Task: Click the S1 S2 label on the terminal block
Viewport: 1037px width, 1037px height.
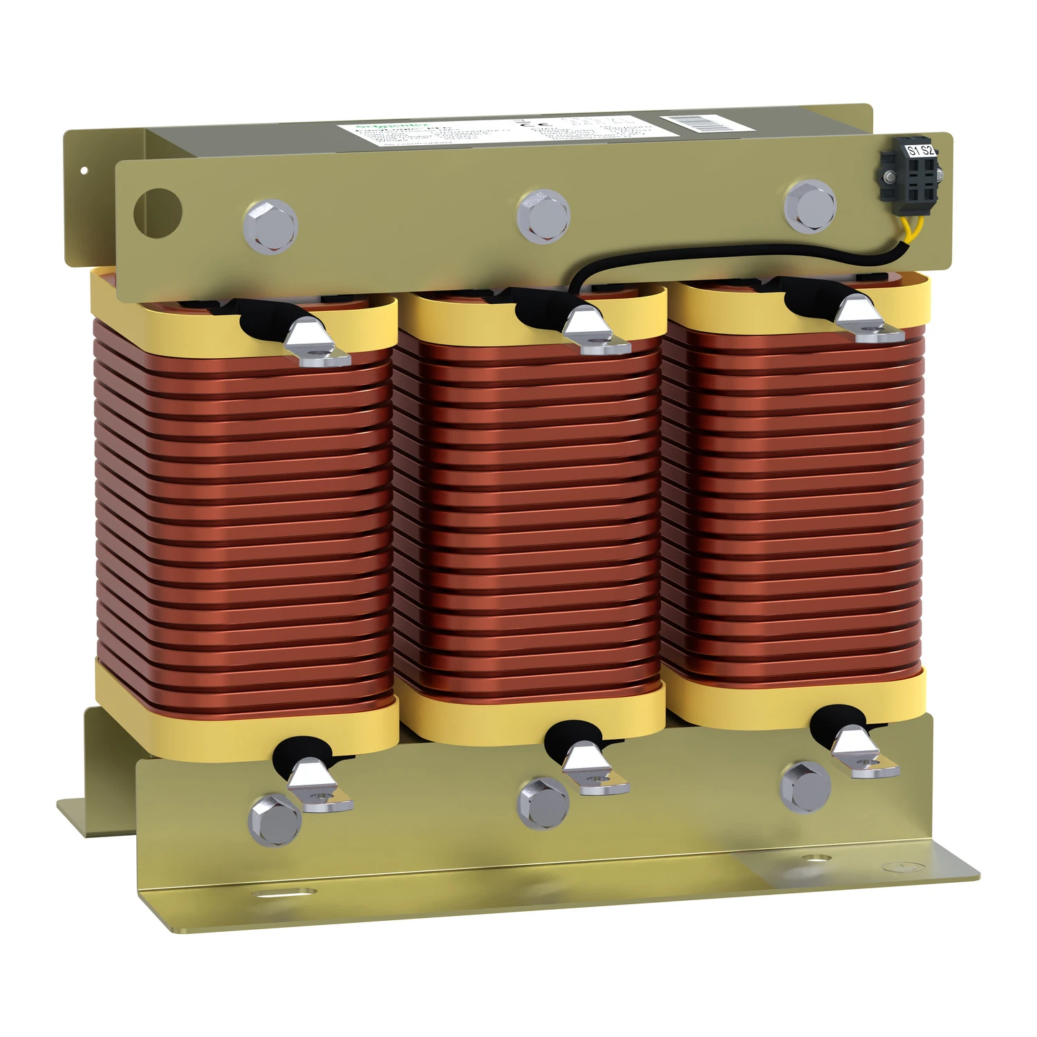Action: [920, 150]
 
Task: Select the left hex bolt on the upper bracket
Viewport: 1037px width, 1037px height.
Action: [270, 225]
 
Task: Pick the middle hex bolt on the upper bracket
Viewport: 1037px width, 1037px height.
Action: [543, 214]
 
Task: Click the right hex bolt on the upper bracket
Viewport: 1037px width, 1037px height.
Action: [810, 206]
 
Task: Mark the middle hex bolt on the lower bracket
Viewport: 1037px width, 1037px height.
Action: [543, 803]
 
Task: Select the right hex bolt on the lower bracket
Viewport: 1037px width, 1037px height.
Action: [805, 787]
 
